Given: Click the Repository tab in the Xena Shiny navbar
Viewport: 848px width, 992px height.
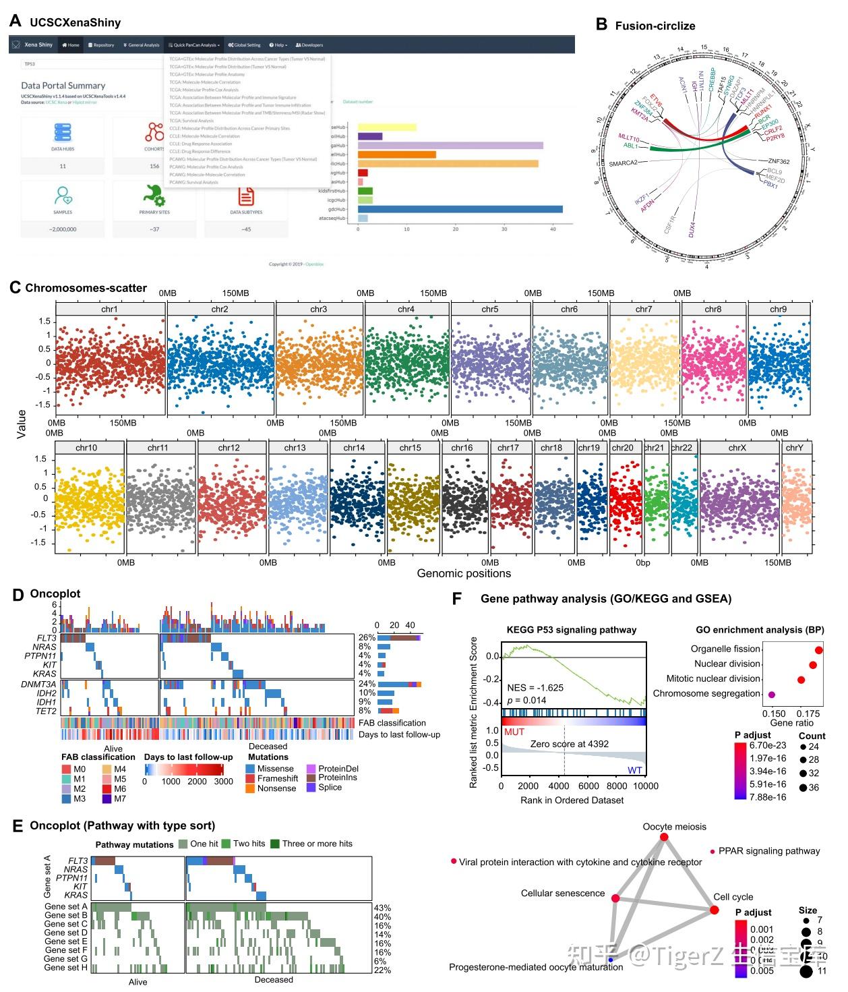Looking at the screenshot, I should point(101,45).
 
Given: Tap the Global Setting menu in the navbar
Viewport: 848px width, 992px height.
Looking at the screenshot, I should point(244,45).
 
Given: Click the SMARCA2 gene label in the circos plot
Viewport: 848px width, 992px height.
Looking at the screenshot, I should point(623,163).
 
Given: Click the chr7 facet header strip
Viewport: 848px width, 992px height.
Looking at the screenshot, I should point(644,310).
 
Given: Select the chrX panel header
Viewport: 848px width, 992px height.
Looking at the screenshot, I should point(737,448).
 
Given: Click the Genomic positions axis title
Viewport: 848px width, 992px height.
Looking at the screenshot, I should point(464,573).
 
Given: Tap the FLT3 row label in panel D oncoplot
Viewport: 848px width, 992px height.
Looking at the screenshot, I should point(47,638).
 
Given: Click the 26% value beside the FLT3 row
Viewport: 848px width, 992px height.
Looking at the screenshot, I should point(367,638).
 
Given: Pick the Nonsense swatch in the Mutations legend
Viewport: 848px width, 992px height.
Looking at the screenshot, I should point(251,788).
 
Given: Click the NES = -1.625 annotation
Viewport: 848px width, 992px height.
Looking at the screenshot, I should point(535,688).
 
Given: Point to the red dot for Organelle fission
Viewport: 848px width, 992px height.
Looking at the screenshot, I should point(818,650).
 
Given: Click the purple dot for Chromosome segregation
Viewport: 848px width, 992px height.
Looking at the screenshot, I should point(772,694).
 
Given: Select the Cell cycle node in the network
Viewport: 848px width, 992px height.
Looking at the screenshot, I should point(715,910).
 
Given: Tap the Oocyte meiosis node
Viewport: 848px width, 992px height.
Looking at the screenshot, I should point(664,837).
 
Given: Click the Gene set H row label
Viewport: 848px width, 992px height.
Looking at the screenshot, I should point(65,968).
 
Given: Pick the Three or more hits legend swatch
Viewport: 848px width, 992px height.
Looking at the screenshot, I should point(275,844).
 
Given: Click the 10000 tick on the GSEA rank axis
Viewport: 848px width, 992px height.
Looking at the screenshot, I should point(646,786).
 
